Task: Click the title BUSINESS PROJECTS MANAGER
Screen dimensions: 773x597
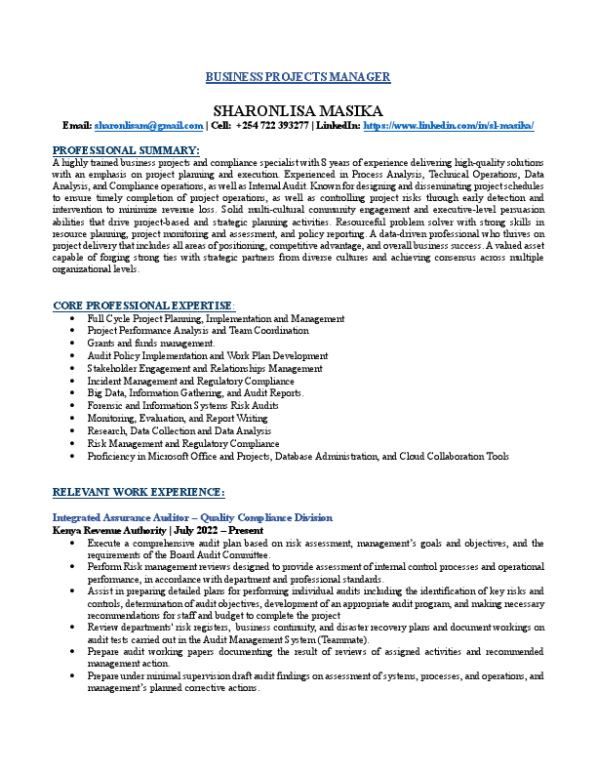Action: tap(298, 77)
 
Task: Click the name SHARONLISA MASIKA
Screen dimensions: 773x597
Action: tap(298, 109)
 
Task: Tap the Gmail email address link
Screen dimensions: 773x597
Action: tap(148, 126)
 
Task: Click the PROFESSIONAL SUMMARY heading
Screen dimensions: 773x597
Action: tap(126, 149)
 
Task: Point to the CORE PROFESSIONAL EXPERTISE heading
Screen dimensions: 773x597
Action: tap(142, 305)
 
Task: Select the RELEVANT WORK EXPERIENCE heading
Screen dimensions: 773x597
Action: tap(139, 491)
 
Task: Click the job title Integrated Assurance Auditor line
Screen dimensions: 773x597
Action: tap(192, 516)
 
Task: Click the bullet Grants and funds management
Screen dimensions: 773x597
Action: tap(151, 344)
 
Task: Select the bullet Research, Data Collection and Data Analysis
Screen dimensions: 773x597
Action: tap(179, 430)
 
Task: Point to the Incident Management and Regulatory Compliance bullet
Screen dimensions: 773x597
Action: tap(191, 381)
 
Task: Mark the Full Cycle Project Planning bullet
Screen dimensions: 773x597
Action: tap(216, 318)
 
